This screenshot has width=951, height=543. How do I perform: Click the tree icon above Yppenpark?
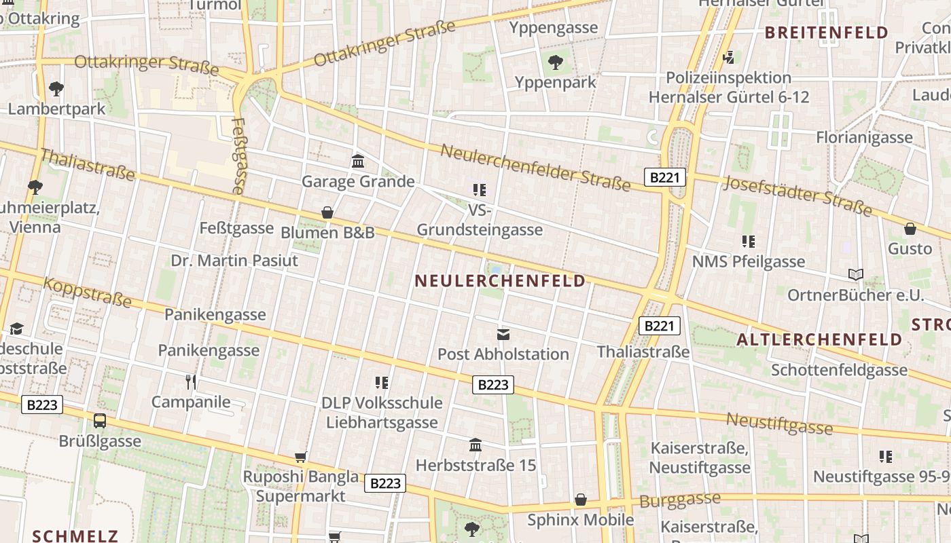pyautogui.click(x=556, y=62)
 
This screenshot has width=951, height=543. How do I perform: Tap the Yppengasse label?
pyautogui.click(x=554, y=28)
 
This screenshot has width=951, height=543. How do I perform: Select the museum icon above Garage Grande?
pyautogui.click(x=358, y=161)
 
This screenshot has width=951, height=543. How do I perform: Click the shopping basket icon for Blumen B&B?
pyautogui.click(x=327, y=212)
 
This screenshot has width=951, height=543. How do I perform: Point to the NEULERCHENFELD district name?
pyautogui.click(x=500, y=281)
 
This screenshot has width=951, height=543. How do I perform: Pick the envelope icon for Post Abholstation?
pyautogui.click(x=503, y=333)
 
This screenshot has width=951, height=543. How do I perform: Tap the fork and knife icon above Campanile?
pyautogui.click(x=191, y=381)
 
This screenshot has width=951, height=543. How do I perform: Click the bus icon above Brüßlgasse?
pyautogui.click(x=100, y=421)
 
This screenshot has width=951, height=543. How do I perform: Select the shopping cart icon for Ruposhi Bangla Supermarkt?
pyautogui.click(x=301, y=457)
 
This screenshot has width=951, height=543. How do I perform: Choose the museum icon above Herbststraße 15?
pyautogui.click(x=475, y=445)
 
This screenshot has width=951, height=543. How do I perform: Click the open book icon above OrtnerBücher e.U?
pyautogui.click(x=856, y=274)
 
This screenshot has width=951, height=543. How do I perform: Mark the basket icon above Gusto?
pyautogui.click(x=910, y=229)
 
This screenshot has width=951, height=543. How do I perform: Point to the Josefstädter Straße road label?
pyautogui.click(x=797, y=195)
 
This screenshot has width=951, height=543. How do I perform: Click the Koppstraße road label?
pyautogui.click(x=87, y=292)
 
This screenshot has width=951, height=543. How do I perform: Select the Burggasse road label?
pyautogui.click(x=680, y=501)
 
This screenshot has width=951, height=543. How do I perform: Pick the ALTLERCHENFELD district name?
pyautogui.click(x=819, y=339)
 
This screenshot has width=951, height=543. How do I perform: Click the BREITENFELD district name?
pyautogui.click(x=826, y=33)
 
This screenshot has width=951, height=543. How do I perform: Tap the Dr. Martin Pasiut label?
pyautogui.click(x=234, y=261)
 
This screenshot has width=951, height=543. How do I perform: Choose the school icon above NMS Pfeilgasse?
pyautogui.click(x=749, y=241)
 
